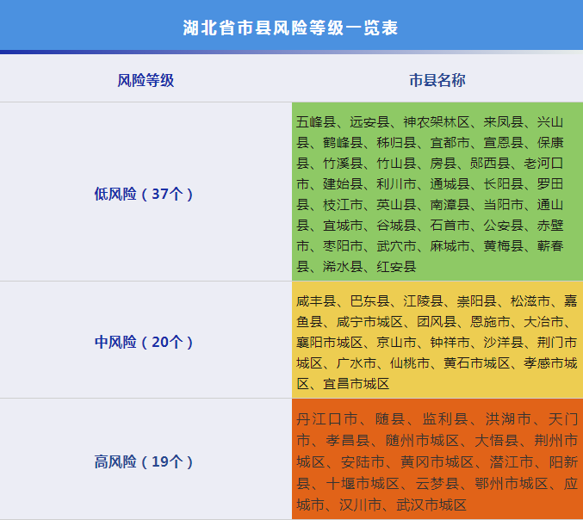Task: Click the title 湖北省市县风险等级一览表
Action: click(x=291, y=27)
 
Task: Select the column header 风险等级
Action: click(x=146, y=80)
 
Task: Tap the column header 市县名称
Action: click(x=437, y=80)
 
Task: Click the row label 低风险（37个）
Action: click(x=145, y=194)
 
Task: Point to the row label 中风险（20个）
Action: click(x=145, y=342)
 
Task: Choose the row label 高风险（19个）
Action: click(x=145, y=461)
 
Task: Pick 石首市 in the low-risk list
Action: click(x=450, y=226)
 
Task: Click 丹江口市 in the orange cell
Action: click(x=327, y=420)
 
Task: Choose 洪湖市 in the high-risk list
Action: click(x=506, y=420)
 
